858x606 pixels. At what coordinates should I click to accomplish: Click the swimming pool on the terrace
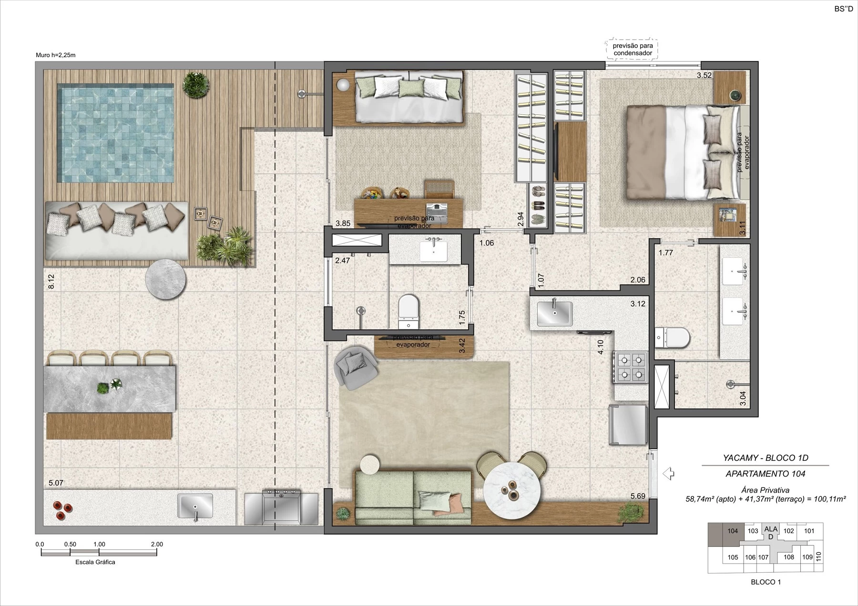pos(115,134)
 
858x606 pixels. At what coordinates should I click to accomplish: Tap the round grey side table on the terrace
pos(165,280)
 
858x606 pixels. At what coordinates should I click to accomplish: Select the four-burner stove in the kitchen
pos(632,367)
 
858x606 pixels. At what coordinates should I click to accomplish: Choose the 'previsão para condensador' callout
pos(633,50)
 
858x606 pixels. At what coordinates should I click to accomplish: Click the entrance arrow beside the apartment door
pos(668,474)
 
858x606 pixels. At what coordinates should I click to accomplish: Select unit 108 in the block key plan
pos(789,557)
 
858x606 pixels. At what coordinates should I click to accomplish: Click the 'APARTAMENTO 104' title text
pos(766,474)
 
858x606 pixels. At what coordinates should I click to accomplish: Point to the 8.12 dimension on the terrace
pos(51,281)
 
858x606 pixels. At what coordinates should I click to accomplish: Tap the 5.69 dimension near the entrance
pos(638,496)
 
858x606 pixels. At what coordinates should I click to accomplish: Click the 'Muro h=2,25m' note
pos(56,55)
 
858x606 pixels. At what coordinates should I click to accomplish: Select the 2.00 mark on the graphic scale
pos(156,544)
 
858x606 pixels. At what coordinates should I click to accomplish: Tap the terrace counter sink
pos(195,506)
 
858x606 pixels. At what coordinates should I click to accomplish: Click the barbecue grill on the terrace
pos(281,507)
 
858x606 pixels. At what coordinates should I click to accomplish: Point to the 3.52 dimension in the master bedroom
pos(704,75)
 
